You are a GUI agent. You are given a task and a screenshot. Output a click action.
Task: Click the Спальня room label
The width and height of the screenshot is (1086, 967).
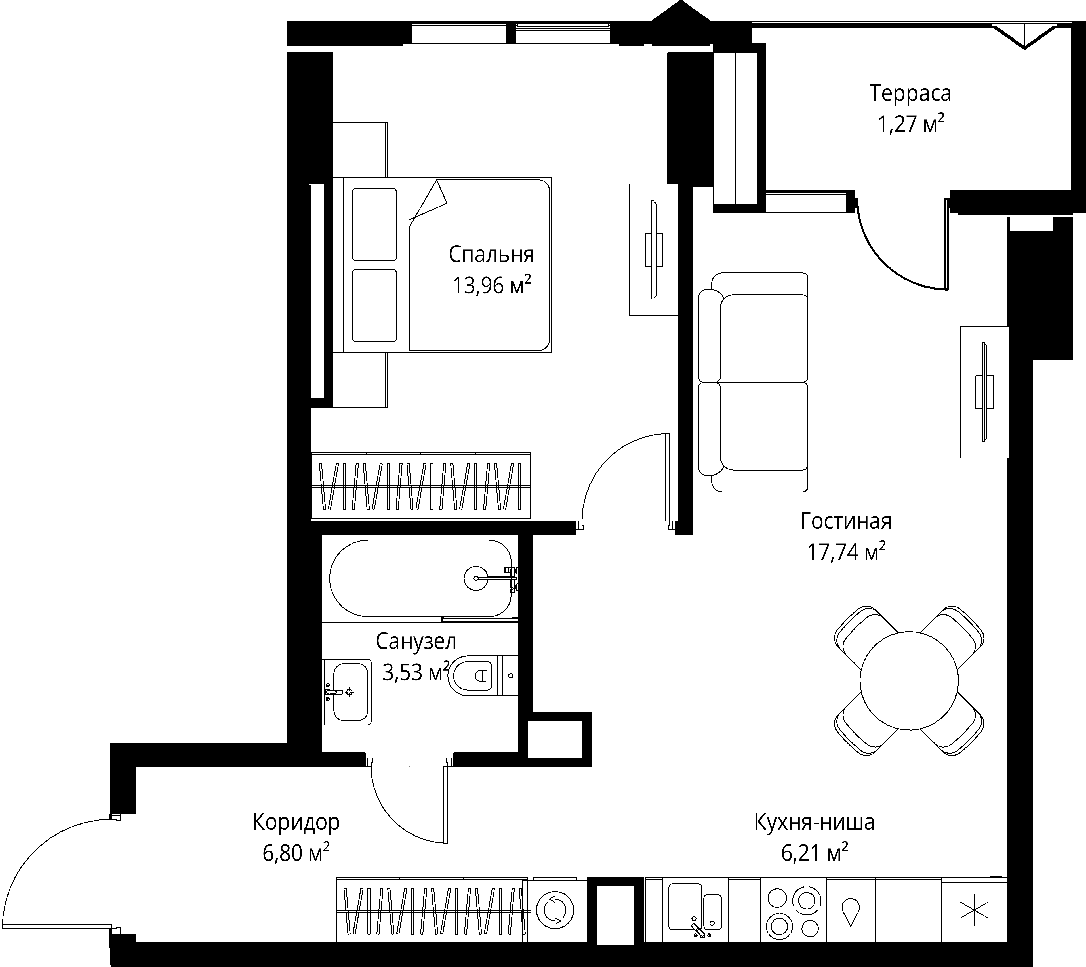[x=491, y=255]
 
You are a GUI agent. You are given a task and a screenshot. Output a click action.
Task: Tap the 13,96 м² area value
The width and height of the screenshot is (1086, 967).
[x=491, y=285]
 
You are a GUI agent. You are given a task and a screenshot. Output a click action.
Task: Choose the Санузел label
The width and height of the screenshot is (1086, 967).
[x=416, y=641]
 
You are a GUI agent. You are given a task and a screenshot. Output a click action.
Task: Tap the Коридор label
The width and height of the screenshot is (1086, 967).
[x=296, y=822]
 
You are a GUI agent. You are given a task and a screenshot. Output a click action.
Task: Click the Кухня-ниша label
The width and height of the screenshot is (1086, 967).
[x=814, y=822]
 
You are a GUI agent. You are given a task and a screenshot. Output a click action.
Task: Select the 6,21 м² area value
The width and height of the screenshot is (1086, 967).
[x=814, y=853]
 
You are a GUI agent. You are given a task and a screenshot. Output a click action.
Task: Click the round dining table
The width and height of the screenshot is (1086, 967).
[x=909, y=681]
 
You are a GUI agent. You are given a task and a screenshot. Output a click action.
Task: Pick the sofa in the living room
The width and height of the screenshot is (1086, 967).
[x=753, y=382]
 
